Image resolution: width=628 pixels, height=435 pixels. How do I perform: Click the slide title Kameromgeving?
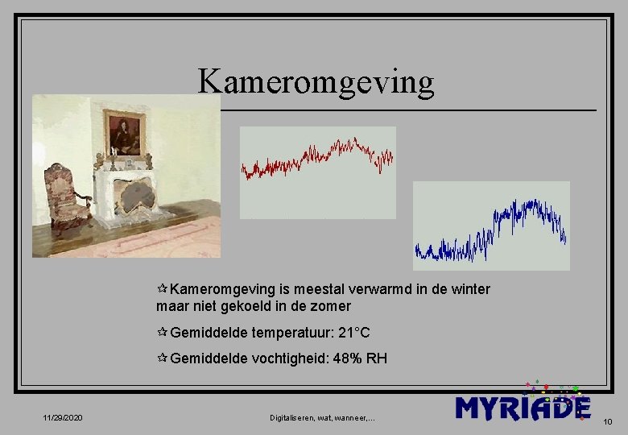316,81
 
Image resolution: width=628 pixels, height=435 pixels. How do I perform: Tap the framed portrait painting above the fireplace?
125,133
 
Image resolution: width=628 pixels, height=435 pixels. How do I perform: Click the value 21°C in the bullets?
353,333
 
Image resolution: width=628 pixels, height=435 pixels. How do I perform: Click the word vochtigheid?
287,358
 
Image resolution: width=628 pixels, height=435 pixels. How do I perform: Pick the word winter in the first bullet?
469,289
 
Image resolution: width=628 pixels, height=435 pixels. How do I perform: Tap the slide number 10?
607,420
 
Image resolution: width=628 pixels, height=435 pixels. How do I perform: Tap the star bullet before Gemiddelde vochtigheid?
162,358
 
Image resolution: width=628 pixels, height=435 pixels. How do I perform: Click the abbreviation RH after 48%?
377,358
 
